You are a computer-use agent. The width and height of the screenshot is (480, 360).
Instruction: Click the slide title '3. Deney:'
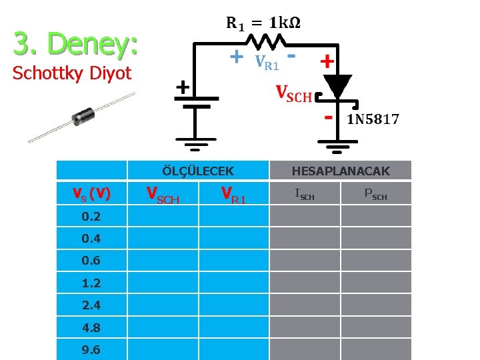pyautogui.click(x=75, y=44)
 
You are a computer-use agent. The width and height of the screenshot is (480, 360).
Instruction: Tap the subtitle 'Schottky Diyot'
pyautogui.click(x=72, y=73)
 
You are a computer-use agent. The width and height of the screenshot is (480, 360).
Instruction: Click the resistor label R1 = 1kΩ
pyautogui.click(x=263, y=23)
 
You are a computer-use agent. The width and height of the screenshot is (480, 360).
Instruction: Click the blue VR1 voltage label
pyautogui.click(x=267, y=63)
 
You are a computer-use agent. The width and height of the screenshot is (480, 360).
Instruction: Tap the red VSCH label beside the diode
pyautogui.click(x=294, y=94)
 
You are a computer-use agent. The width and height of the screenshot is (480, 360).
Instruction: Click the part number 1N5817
pyautogui.click(x=373, y=120)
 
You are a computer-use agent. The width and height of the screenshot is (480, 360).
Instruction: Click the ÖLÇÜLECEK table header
pyautogui.click(x=198, y=171)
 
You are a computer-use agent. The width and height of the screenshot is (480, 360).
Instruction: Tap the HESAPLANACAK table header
pyautogui.click(x=341, y=171)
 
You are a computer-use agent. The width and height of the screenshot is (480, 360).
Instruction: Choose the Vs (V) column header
pyautogui.click(x=91, y=193)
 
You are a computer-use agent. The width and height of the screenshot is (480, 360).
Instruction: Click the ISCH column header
pyautogui.click(x=305, y=195)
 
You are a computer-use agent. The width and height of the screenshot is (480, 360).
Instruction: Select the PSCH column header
pyautogui.click(x=376, y=195)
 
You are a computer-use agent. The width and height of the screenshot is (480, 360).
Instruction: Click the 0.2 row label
pyautogui.click(x=91, y=216)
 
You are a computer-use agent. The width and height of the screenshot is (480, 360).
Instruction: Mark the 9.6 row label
pyautogui.click(x=91, y=350)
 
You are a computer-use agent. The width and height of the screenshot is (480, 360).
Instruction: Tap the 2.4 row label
pyautogui.click(x=91, y=305)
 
